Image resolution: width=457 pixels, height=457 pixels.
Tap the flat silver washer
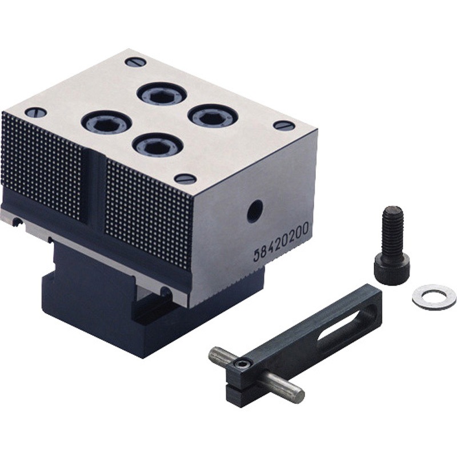434,297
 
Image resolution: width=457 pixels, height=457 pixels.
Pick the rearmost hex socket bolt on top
162,94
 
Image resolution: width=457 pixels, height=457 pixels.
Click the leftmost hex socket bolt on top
106,123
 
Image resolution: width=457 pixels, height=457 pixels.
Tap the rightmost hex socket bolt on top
213,117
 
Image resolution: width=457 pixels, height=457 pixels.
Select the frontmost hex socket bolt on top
158,146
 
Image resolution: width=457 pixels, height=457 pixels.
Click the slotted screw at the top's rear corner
135,62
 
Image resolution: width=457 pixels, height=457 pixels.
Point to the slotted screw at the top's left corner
36,112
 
